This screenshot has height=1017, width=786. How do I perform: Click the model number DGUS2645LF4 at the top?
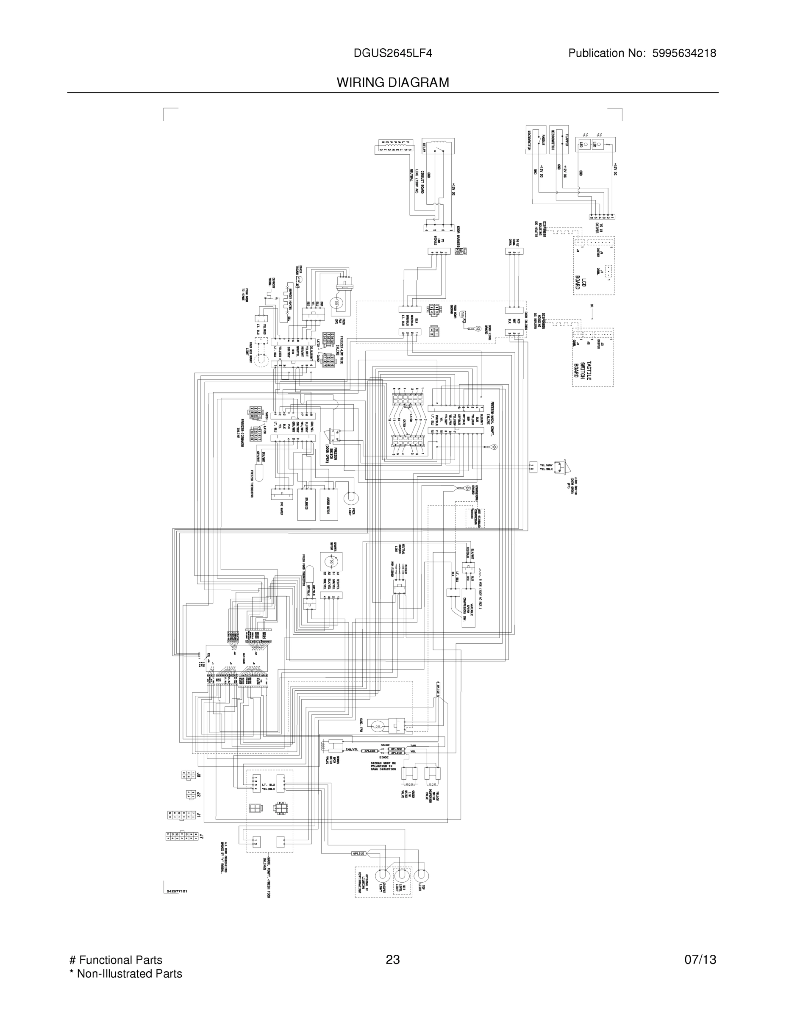[x=392, y=53]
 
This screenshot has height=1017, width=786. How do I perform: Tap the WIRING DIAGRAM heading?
[x=392, y=83]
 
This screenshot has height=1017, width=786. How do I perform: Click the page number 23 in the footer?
[x=392, y=960]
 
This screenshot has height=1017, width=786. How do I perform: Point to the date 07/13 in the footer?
[x=700, y=960]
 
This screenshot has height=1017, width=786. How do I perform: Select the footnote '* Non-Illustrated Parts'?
[x=126, y=974]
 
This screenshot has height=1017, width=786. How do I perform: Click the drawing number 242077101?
[x=176, y=891]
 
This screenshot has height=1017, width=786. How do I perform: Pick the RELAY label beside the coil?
[x=425, y=148]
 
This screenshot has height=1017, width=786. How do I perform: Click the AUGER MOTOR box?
[x=329, y=504]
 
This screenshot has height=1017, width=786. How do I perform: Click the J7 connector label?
[x=201, y=836]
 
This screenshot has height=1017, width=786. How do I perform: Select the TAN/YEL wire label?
[x=352, y=750]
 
